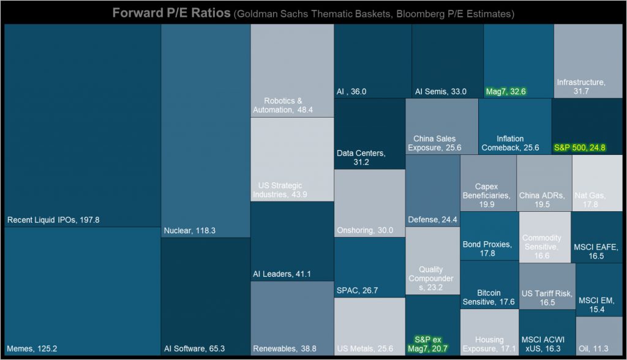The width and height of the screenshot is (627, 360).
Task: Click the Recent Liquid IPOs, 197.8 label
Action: click(x=53, y=219)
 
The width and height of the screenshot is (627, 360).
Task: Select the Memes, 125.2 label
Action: click(x=31, y=348)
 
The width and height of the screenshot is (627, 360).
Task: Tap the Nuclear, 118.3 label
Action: click(x=190, y=231)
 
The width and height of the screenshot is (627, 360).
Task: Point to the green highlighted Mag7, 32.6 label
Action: click(x=506, y=92)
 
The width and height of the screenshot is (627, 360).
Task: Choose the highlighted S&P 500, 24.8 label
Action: click(x=579, y=148)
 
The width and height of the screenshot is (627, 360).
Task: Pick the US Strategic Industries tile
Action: click(x=292, y=159)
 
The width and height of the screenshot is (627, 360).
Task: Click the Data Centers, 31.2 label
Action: click(x=361, y=157)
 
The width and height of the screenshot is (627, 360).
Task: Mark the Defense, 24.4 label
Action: click(x=432, y=219)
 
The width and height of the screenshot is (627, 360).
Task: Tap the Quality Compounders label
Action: click(x=431, y=279)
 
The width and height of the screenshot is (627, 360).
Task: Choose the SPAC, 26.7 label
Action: click(x=357, y=290)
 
